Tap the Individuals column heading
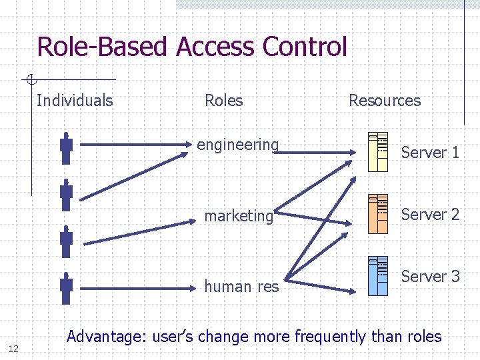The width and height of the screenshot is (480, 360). pos(75,101)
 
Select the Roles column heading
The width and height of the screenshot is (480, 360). pos(223,101)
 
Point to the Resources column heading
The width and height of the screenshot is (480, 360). pos(385,101)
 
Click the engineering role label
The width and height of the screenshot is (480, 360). pos(237,145)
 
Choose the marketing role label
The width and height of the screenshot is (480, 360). pos(239,216)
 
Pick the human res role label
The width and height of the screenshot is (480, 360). pos(241,287)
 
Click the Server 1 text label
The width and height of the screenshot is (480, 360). pos(430,153)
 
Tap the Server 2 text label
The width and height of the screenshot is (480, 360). pos(430,215)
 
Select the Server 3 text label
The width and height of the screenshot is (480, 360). pos(430,277)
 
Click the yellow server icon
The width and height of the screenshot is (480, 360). pos(378,151)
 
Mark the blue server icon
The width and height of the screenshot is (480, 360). pos(378,275)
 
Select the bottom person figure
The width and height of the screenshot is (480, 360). pos(66,289)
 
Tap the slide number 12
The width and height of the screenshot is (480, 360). pos(13,348)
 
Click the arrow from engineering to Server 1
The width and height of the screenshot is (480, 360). pos(313,153)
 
